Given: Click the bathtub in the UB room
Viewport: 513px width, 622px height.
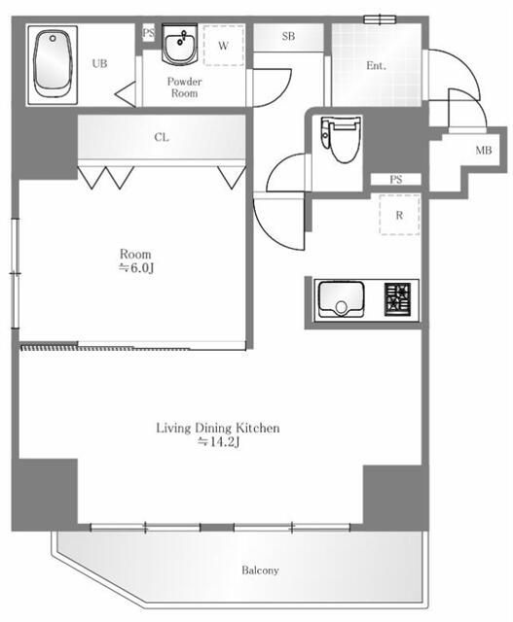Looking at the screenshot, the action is (52, 65).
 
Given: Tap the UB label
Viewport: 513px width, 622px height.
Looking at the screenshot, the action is (99, 63).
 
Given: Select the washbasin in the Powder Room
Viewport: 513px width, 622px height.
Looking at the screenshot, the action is (179, 45).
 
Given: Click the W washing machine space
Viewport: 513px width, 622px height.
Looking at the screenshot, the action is (223, 46).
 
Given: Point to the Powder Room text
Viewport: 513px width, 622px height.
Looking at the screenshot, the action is (184, 87).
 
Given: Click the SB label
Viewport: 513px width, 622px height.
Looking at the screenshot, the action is (288, 37).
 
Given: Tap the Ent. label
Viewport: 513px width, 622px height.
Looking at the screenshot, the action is (376, 65).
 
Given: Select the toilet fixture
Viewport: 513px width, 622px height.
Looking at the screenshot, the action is (341, 139).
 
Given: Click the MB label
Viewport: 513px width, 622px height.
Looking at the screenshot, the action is (484, 150).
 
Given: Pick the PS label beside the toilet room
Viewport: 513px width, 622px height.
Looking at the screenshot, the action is (396, 180).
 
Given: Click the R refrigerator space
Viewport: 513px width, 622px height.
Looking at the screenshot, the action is (399, 215).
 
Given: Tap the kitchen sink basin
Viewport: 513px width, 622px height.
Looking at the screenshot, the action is (341, 298).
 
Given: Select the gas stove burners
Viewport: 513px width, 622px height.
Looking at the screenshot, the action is (397, 299).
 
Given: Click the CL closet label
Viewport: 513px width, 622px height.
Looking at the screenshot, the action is (162, 137).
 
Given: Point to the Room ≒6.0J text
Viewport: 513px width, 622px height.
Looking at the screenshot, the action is (135, 260).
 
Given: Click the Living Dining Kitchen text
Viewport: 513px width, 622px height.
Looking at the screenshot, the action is (218, 428).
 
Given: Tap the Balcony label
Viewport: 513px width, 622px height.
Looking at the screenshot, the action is (260, 570).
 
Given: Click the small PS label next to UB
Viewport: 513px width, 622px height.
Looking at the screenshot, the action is (148, 32).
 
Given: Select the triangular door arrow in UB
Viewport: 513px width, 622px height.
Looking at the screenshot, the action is (126, 94).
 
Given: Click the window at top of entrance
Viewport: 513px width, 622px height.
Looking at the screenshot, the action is (381, 19).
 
